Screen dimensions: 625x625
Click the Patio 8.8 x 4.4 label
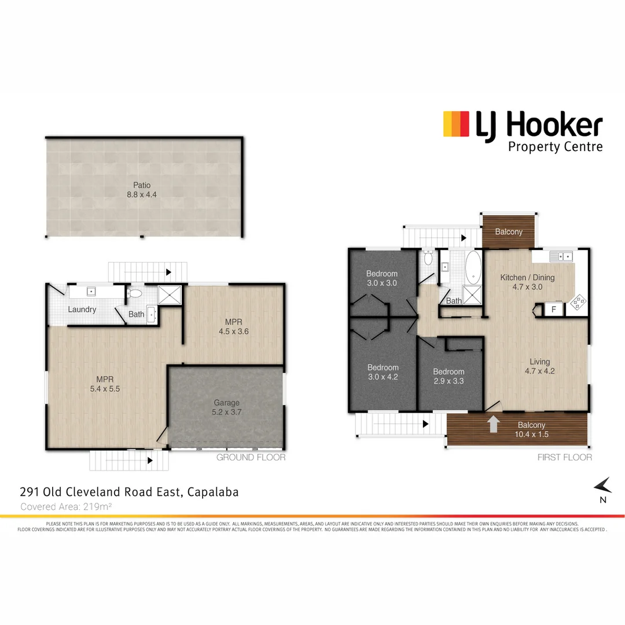pos(142,190)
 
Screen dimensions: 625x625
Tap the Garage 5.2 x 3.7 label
pos(226,407)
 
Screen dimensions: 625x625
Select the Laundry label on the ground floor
pos(82,310)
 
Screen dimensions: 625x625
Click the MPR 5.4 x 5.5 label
pos(105,384)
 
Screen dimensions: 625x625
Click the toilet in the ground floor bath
pos(134,293)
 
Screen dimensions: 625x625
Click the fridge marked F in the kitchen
pos(554,310)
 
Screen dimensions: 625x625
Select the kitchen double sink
pos(561,256)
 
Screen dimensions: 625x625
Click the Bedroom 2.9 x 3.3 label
pos(448,376)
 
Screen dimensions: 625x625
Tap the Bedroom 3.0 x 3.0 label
pos(382,278)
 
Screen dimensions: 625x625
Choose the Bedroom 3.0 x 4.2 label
pos(383,372)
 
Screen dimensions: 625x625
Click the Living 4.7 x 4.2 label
pos(539,366)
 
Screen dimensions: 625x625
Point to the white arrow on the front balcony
pos(493,424)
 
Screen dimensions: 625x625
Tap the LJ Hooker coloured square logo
pos(455,124)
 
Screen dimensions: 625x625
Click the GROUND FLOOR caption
pos(251,457)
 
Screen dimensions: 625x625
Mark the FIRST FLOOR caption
pos(565,457)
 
